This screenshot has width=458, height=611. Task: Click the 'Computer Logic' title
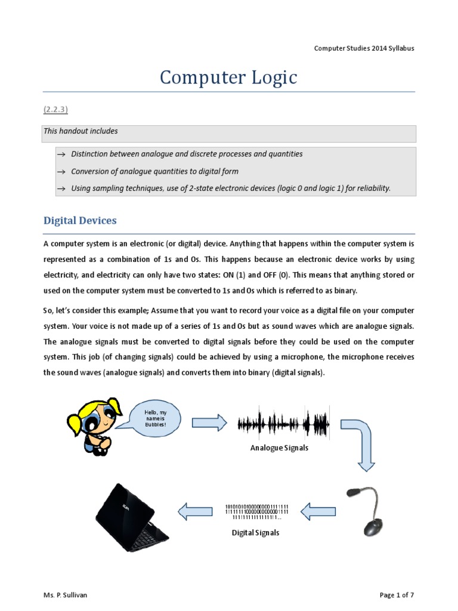[x=228, y=78]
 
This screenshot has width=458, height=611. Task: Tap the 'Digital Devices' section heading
[x=80, y=221]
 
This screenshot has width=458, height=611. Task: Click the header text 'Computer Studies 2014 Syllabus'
[x=364, y=48]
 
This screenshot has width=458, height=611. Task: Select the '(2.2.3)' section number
[x=57, y=110]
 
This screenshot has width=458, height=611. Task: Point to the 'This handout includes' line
[x=81, y=131]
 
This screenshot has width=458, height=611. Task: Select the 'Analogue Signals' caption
[x=279, y=448]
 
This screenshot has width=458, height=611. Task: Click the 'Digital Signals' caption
[x=255, y=533]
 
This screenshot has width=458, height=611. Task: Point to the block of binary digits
[x=256, y=512]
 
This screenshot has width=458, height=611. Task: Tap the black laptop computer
[x=131, y=518]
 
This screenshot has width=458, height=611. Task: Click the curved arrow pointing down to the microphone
[x=361, y=442]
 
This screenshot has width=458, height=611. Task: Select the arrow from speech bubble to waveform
[x=209, y=422]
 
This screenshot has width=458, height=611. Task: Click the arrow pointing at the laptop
[x=196, y=511]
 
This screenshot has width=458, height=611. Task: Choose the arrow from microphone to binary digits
[x=318, y=511]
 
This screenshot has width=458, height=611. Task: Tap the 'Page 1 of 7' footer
[x=397, y=595]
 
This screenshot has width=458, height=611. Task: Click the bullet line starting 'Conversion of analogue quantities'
[x=154, y=171]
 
